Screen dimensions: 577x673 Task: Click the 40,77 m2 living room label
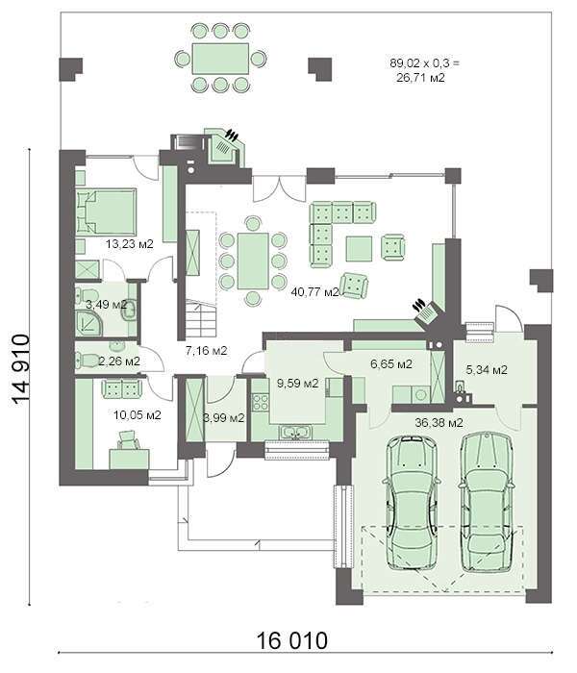click(x=315, y=292)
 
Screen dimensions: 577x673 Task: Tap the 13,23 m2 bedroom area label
click(x=129, y=244)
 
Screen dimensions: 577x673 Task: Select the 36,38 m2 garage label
click(x=439, y=423)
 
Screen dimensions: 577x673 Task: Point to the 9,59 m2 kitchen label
click(x=297, y=384)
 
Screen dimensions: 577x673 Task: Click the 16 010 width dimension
click(x=292, y=641)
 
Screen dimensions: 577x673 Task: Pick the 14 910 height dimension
click(x=21, y=369)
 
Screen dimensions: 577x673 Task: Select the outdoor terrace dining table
click(x=220, y=59)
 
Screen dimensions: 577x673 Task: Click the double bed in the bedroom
click(x=106, y=212)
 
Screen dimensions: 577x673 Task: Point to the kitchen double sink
click(x=294, y=433)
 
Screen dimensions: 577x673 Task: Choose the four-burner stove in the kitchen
click(x=261, y=402)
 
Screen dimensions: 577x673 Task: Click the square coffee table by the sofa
click(x=359, y=248)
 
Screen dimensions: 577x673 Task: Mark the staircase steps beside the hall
click(x=200, y=319)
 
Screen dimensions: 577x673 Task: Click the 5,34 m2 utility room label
click(x=487, y=369)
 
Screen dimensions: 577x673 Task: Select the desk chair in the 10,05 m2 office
click(x=128, y=440)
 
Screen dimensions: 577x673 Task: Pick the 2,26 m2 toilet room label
click(x=119, y=361)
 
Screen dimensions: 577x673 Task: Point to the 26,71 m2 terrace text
click(x=420, y=78)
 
